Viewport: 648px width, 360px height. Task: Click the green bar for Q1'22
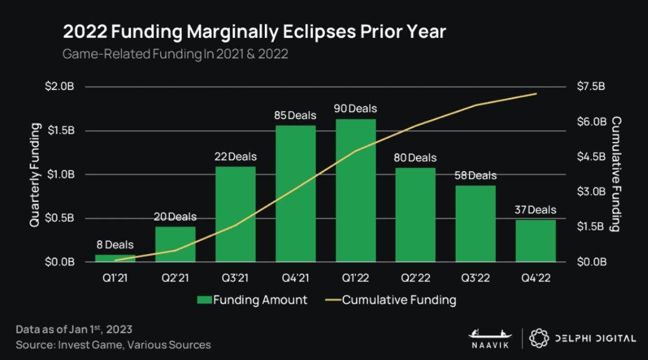click(355, 190)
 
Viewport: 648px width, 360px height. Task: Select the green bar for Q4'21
click(296, 193)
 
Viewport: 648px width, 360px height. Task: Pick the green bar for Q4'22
click(536, 240)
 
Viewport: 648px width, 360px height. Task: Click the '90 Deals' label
click(355, 109)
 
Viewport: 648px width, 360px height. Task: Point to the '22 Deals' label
click(236, 157)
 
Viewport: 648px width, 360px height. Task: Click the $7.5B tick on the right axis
click(590, 87)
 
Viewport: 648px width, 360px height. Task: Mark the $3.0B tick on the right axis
click(590, 191)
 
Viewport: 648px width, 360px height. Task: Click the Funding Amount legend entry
click(252, 301)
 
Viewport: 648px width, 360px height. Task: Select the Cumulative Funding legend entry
click(391, 301)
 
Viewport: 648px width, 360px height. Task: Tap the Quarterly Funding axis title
click(36, 174)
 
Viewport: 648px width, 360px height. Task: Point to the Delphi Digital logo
click(582, 338)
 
